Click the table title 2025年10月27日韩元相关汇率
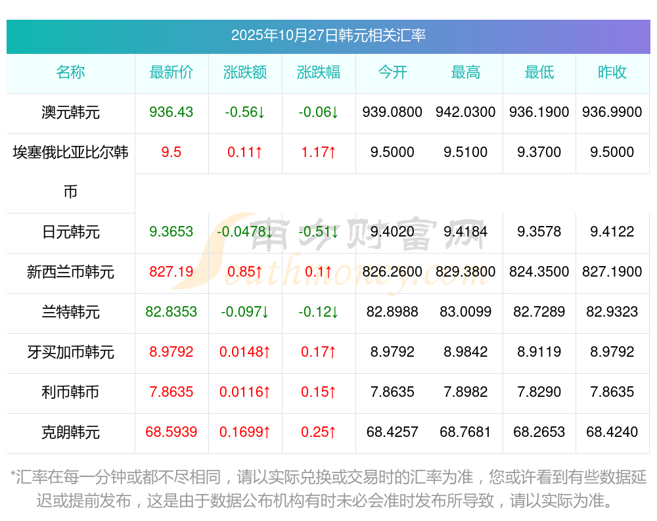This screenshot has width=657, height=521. tap(328, 35)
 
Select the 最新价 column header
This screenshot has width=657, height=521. tap(171, 73)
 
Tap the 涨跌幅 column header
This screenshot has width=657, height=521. tap(319, 73)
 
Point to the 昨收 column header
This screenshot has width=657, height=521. tap(612, 73)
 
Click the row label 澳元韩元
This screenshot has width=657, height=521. tap(70, 112)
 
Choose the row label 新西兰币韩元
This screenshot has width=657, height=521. tap(70, 272)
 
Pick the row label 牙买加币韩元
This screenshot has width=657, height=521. tap(70, 352)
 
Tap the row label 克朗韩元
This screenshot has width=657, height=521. tap(70, 432)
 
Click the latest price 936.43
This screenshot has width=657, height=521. tap(171, 112)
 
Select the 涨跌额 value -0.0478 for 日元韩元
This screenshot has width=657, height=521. tap(244, 232)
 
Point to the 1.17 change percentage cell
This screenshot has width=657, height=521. tap(319, 152)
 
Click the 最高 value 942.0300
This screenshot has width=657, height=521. tap(465, 112)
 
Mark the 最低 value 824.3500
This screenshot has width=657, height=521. tap(539, 272)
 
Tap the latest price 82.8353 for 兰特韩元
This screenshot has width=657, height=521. tap(171, 312)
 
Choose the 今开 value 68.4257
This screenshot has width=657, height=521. tap(392, 432)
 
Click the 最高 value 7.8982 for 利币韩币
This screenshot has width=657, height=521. tap(465, 392)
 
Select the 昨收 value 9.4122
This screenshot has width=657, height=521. tap(612, 232)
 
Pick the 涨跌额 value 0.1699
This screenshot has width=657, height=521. tap(244, 432)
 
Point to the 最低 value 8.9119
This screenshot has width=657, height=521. tap(539, 352)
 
